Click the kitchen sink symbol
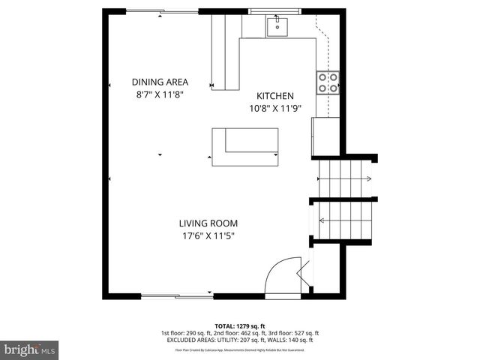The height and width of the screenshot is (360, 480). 275,27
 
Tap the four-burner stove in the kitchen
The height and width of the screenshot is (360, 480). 326,82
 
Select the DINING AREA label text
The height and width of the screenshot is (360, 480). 160,82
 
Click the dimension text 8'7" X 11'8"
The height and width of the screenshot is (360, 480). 160,94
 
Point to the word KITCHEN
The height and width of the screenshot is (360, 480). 275,96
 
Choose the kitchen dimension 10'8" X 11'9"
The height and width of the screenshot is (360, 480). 275,108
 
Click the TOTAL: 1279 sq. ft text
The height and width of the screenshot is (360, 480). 240,326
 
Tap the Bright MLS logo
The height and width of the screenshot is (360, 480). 30,349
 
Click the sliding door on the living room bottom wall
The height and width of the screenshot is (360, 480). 178,293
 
